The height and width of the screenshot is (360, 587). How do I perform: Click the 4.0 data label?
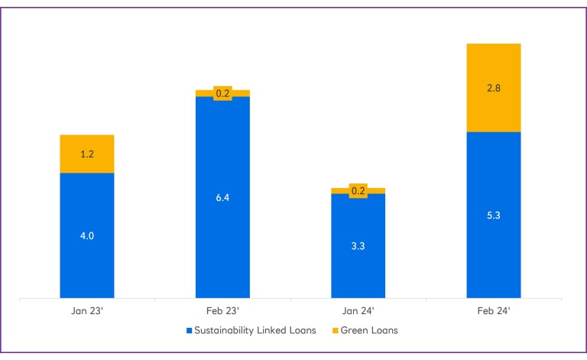tap(86, 235)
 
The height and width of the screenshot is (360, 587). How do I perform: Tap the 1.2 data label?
tap(86, 154)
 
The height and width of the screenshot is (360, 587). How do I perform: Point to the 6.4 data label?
tap(222, 197)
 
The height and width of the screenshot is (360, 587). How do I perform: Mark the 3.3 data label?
tap(358, 245)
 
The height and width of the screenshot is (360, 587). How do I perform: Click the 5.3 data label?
tap(493, 215)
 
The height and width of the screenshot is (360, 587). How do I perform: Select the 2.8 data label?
tap(493, 88)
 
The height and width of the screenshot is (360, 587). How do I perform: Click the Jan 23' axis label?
tap(86, 311)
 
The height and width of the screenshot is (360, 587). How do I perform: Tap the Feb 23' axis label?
tap(222, 311)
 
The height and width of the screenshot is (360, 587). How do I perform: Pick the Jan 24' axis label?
tap(358, 311)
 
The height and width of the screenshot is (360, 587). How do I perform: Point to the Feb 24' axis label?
tap(493, 311)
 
